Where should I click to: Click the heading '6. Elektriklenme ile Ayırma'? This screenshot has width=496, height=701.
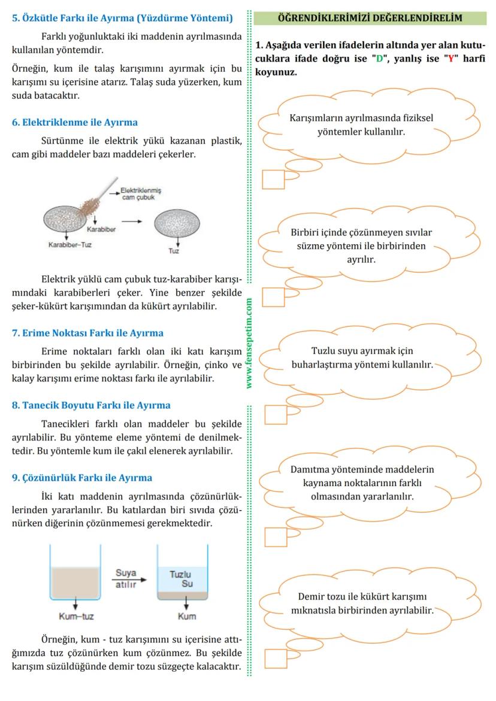pos(75,122)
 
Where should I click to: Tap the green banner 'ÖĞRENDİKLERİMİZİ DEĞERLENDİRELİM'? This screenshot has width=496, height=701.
pos(370,18)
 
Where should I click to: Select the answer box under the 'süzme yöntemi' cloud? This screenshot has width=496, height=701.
pos(273,297)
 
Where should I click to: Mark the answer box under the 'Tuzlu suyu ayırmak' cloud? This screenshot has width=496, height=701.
pos(276,414)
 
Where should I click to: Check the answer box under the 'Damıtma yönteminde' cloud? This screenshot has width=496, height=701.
pos(276,537)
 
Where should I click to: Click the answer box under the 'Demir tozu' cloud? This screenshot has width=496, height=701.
pos(276,658)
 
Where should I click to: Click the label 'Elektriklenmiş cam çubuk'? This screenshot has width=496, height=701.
pos(141,193)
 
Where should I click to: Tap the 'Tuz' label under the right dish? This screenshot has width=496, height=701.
pos(174,251)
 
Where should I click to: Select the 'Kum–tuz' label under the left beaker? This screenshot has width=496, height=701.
pos(76,616)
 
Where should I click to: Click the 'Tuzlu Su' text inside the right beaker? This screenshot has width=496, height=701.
pos(182,579)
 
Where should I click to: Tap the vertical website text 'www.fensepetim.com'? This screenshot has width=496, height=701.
pos(249,344)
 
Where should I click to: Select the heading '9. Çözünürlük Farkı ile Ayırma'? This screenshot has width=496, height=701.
pos(82,478)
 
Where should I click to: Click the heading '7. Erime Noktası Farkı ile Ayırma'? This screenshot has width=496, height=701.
pos(87,333)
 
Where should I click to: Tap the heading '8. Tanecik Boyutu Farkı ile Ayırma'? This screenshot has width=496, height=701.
pos(91,405)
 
